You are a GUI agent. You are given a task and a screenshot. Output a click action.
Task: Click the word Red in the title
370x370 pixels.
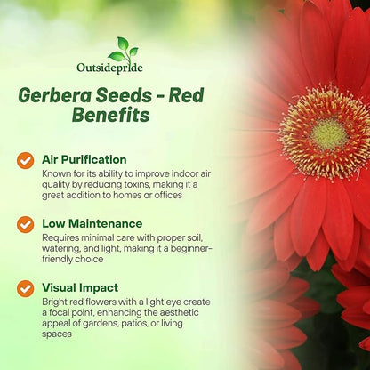pyautogui.click(x=209, y=95)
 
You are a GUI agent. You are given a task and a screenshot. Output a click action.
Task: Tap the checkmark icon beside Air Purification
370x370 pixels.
pyautogui.click(x=26, y=160)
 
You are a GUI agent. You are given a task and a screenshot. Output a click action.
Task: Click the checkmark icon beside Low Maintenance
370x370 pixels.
pyautogui.click(x=26, y=224)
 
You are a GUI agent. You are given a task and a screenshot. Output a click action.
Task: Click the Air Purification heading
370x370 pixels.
pyautogui.click(x=84, y=160)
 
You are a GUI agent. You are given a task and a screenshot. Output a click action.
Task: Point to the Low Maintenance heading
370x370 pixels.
pyautogui.click(x=92, y=223)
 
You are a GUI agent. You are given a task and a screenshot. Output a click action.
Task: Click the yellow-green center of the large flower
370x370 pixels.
pyautogui.click(x=328, y=133)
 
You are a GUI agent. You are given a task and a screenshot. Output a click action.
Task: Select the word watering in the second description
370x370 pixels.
pyautogui.click(x=64, y=249)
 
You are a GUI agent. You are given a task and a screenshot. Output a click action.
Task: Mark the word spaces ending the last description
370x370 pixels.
pyautogui.click(x=58, y=334)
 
